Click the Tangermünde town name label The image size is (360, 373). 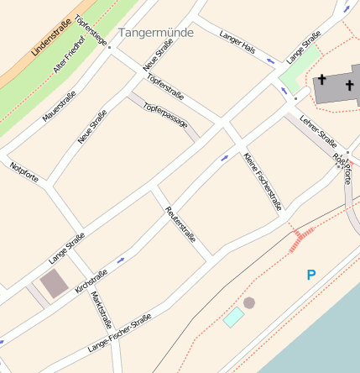156,33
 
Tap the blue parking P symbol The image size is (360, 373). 311,275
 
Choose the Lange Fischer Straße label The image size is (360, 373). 120,332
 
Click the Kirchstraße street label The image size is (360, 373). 91,281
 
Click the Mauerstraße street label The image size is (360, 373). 59,106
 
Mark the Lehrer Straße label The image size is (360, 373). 317,130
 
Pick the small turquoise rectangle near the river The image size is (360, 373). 234,318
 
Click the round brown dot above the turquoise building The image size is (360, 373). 249,302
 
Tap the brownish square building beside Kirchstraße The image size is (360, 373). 54,283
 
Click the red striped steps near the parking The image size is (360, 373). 302,239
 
